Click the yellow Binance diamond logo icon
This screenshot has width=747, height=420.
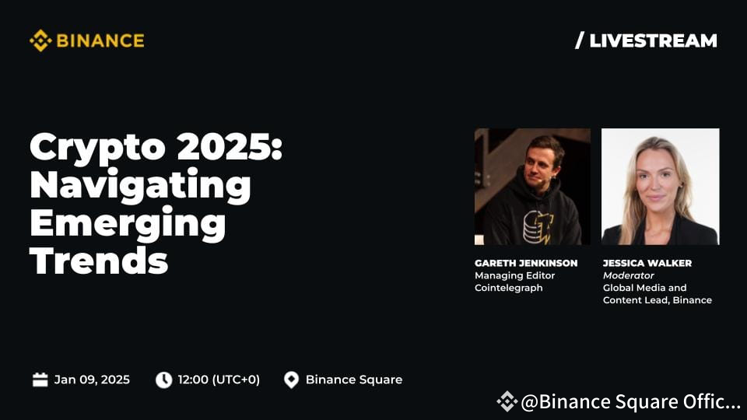[40, 40]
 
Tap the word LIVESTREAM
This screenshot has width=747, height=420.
[653, 41]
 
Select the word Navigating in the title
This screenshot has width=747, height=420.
[141, 187]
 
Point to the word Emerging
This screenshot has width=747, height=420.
[128, 224]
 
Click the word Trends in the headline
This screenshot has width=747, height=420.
[99, 261]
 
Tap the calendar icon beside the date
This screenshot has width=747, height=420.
[40, 380]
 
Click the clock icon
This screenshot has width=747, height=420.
[164, 380]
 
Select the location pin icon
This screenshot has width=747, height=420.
[291, 380]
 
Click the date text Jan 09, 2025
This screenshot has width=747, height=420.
[92, 380]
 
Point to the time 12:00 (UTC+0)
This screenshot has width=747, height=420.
[219, 380]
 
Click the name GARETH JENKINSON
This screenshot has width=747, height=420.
[526, 263]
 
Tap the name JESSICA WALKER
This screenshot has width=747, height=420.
[647, 263]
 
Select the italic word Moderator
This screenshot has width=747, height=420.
[629, 275]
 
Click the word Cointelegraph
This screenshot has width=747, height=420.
[508, 288]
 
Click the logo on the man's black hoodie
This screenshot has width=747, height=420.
[538, 226]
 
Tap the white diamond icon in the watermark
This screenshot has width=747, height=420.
[507, 401]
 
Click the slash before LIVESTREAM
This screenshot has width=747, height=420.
[579, 40]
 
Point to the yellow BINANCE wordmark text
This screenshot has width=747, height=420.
[100, 41]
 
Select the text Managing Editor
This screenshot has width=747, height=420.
[514, 275]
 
